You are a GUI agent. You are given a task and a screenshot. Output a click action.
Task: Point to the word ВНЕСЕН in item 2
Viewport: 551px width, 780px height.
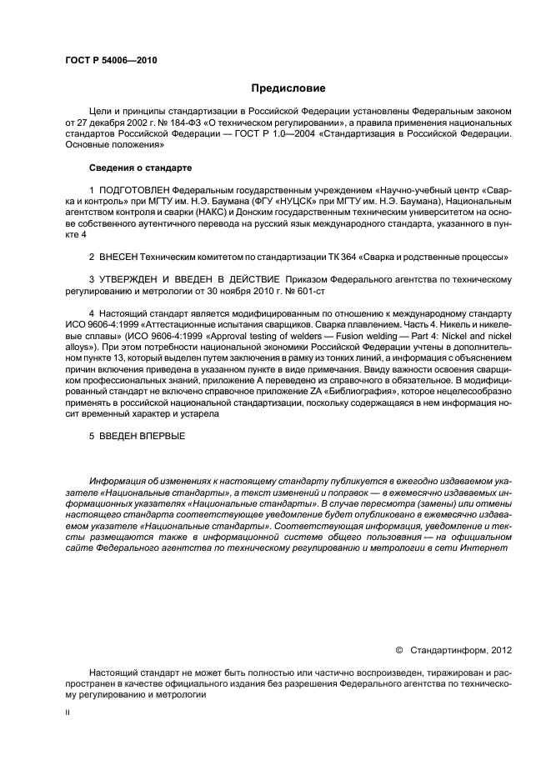click(x=117, y=256)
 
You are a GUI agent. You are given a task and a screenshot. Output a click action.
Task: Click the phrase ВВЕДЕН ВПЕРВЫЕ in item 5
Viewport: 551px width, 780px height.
click(x=142, y=436)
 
